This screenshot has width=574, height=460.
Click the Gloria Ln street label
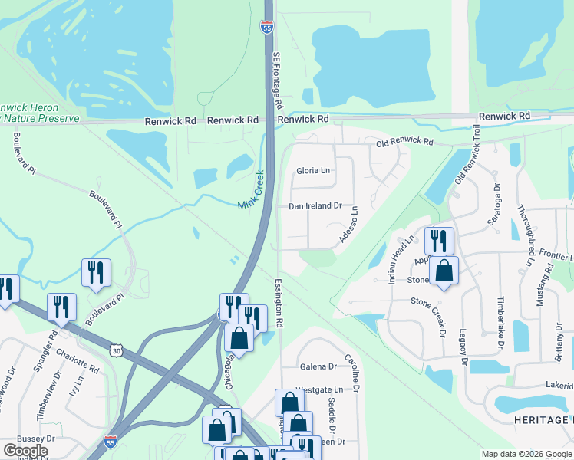pyautogui.click(x=313, y=170)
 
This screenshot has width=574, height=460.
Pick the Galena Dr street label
pyautogui.click(x=318, y=366)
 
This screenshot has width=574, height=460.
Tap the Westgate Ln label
pyautogui.click(x=318, y=389)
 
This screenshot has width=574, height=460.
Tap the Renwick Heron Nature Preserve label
pyautogui.click(x=38, y=113)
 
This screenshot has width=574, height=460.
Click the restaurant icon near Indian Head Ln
pyautogui.click(x=439, y=241)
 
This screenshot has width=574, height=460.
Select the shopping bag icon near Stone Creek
pyautogui.click(x=444, y=271)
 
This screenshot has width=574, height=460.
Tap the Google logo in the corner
pyautogui.click(x=25, y=451)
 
